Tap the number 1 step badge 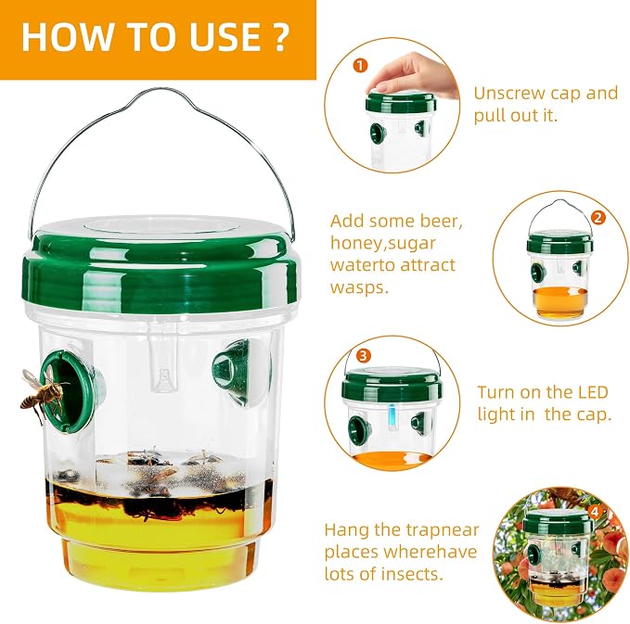[x=360, y=65]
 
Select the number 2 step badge [x=598, y=218]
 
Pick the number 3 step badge [x=364, y=356]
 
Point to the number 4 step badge [x=595, y=512]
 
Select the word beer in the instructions [x=441, y=221]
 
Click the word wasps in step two [x=359, y=288]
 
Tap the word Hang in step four [x=347, y=531]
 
